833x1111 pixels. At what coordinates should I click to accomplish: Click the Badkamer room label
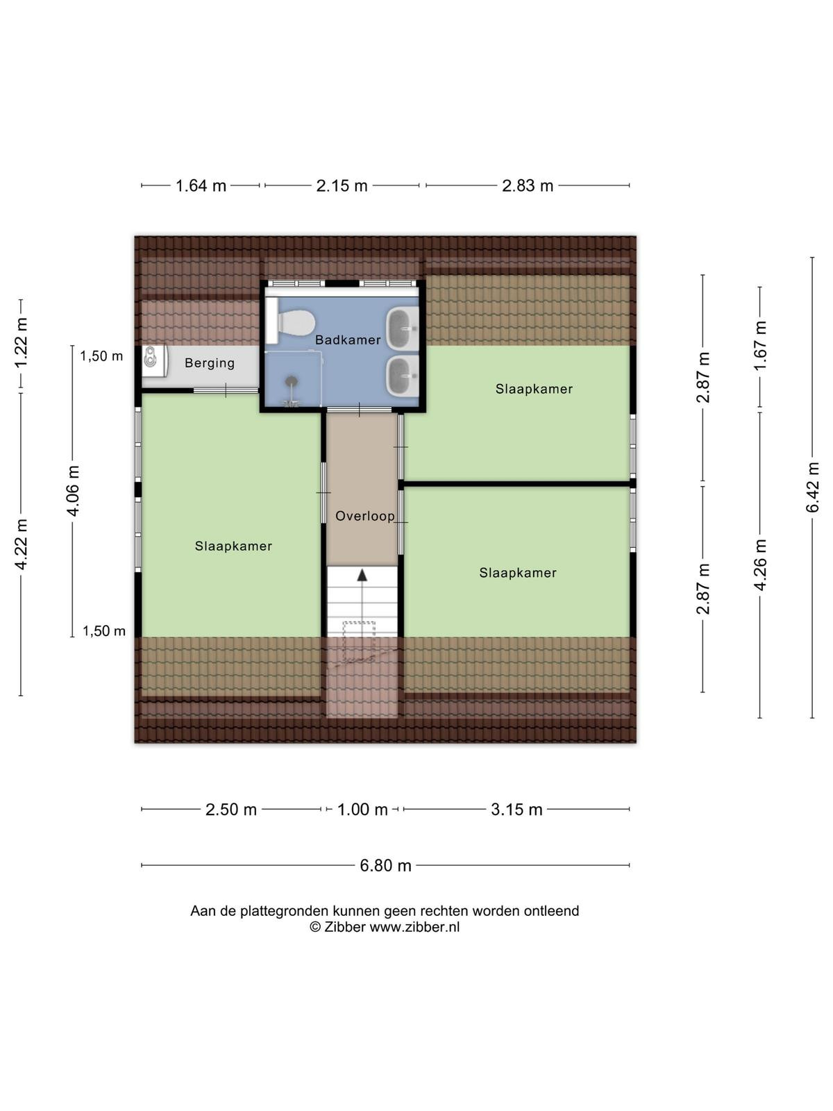[348, 340]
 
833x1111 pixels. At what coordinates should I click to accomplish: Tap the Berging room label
[210, 363]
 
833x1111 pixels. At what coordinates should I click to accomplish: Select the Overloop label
[364, 516]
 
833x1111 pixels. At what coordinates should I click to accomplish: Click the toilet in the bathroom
[291, 321]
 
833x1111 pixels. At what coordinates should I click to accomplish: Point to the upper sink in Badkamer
[403, 330]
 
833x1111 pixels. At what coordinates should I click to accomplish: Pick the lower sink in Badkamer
[403, 376]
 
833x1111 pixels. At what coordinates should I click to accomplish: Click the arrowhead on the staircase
[362, 575]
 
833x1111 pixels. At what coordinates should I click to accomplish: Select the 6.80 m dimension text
[385, 865]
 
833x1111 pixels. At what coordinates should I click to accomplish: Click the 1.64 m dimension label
[201, 186]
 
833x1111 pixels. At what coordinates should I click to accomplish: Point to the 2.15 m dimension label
[342, 186]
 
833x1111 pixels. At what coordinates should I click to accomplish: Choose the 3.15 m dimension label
[516, 810]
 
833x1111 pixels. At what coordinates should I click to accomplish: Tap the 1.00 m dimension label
[362, 810]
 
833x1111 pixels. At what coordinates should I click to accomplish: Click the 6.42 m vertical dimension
[812, 487]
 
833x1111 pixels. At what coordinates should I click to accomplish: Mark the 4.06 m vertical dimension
[73, 491]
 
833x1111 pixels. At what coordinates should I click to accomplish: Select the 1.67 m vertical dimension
[759, 346]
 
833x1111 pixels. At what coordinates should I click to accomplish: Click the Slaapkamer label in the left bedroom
[234, 546]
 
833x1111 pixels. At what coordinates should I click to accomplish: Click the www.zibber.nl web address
[414, 927]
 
